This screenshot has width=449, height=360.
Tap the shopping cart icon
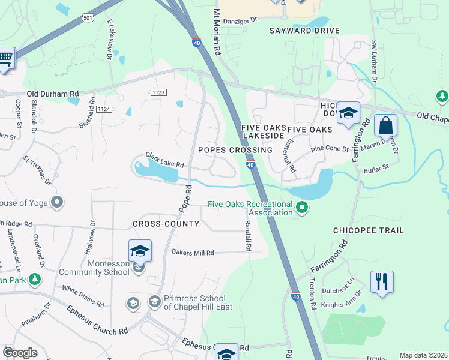click(x=5, y=59)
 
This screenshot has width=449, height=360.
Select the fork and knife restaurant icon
click(x=382, y=281)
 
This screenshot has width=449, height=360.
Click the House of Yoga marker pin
click(x=57, y=202)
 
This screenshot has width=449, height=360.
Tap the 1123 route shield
click(x=158, y=92)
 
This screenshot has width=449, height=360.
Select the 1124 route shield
click(x=104, y=109)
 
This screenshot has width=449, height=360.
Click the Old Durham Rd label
click(x=53, y=94)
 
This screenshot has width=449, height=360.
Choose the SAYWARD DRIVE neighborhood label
click(x=304, y=31)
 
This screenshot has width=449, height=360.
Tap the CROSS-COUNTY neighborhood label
click(x=166, y=224)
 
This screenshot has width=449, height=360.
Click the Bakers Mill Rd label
click(x=193, y=253)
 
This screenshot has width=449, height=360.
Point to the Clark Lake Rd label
click(x=164, y=160)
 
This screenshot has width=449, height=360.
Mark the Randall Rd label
click(x=247, y=235)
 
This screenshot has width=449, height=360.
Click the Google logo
click(x=20, y=353)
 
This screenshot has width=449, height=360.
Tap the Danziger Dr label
click(x=240, y=20)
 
